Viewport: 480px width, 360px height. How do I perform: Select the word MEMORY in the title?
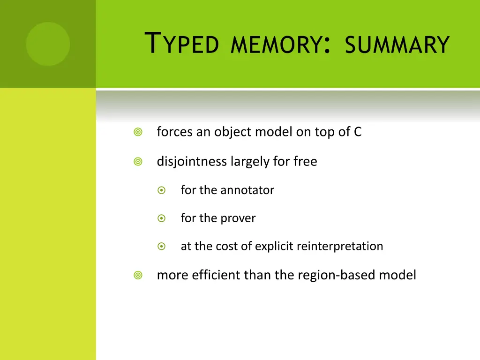pos(277,45)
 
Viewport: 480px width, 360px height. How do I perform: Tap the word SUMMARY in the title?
pos(397,45)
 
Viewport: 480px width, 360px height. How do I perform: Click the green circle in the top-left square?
pos(48,44)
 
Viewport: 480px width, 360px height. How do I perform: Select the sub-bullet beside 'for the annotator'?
pos(161,190)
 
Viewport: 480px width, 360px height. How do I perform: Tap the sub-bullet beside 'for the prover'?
pos(161,218)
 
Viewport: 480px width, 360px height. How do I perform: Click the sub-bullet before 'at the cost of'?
pos(161,246)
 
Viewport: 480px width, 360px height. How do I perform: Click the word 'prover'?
pos(238,219)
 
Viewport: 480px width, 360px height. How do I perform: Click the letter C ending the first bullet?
pos(358,132)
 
